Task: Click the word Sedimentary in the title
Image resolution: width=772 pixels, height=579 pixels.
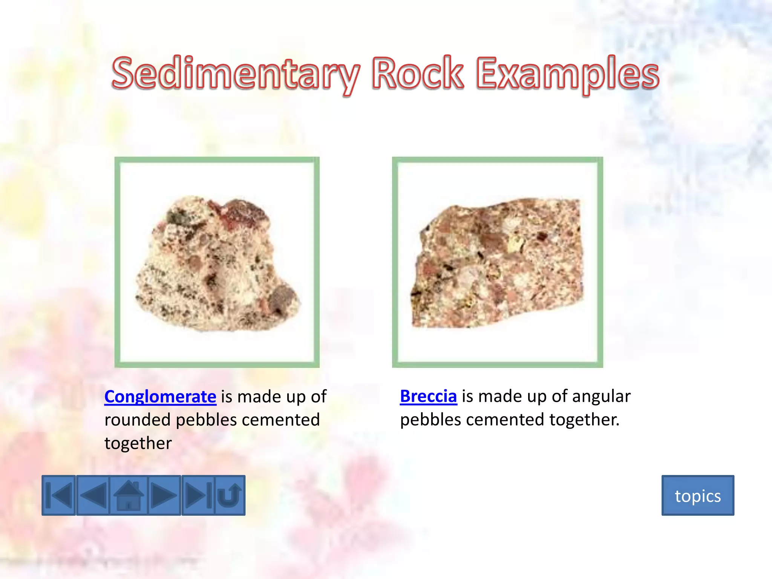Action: click(x=235, y=74)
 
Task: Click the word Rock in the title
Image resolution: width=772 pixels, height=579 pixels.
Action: click(x=417, y=74)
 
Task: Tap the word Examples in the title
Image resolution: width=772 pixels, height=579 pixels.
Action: click(x=567, y=74)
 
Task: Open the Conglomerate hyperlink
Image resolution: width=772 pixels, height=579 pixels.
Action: click(x=160, y=397)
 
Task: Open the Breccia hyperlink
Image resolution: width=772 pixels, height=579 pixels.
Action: click(x=428, y=396)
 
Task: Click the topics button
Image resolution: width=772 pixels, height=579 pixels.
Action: click(x=698, y=496)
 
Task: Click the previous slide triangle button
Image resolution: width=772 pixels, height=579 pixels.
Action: click(x=93, y=495)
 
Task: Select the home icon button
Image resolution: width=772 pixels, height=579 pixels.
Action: click(x=129, y=495)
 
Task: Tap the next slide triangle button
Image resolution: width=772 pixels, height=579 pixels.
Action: click(x=164, y=495)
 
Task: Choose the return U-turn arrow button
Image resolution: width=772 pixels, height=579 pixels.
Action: click(x=230, y=495)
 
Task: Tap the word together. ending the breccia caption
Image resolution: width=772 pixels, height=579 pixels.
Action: click(x=584, y=420)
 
